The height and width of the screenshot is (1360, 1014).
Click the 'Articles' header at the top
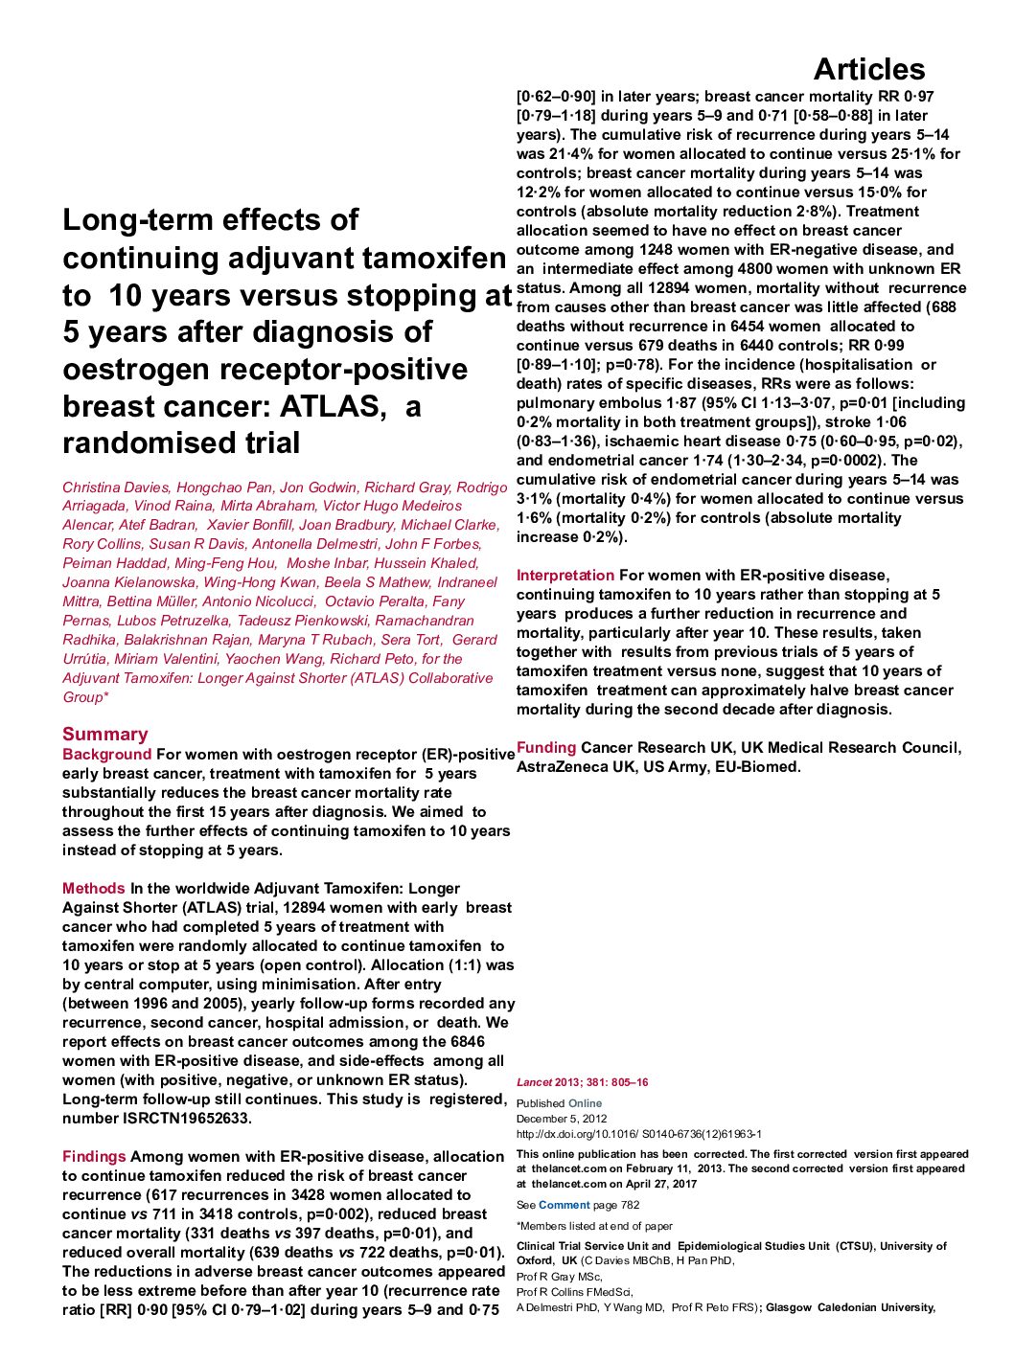click(868, 69)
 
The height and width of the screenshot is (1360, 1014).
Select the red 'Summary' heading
click(105, 734)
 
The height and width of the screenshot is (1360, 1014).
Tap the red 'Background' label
click(106, 754)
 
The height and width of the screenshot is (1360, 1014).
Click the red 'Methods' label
click(94, 888)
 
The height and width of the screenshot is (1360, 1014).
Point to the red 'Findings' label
click(94, 1156)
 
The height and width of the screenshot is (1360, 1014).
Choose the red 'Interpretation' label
click(565, 575)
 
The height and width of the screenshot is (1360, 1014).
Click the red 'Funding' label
click(546, 747)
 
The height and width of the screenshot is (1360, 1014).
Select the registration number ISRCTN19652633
click(187, 1118)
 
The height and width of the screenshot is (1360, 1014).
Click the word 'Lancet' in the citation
click(534, 1082)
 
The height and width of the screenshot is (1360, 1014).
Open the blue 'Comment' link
click(564, 1205)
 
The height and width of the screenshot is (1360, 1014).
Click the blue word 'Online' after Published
click(585, 1103)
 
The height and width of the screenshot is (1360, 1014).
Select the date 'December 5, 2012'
click(562, 1119)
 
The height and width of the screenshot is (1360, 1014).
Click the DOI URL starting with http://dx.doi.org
click(638, 1134)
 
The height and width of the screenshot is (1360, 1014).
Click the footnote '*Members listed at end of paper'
click(594, 1226)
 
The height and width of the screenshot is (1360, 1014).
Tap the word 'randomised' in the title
click(181, 442)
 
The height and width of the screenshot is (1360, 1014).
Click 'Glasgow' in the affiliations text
click(788, 1307)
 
